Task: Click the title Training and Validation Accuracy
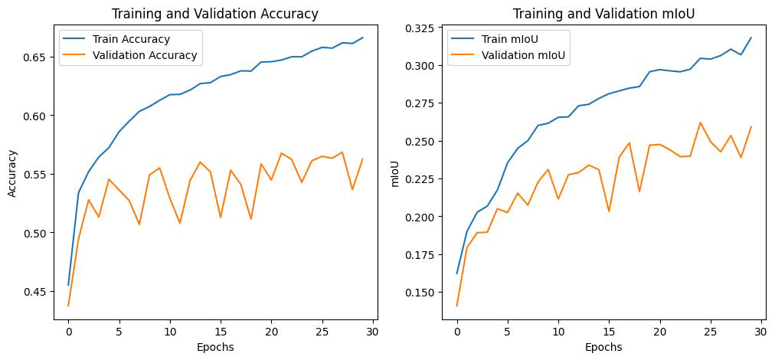[x=215, y=14]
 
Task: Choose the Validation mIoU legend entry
[x=525, y=55]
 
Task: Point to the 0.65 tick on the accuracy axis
[x=38, y=57]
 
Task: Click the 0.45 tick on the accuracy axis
[x=38, y=292]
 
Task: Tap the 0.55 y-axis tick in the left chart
[x=38, y=175]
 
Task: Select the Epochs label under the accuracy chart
[x=215, y=347]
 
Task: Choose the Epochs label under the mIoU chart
[x=603, y=347]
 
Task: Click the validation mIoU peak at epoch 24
[x=700, y=123]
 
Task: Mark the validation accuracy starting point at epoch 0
[x=69, y=306]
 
